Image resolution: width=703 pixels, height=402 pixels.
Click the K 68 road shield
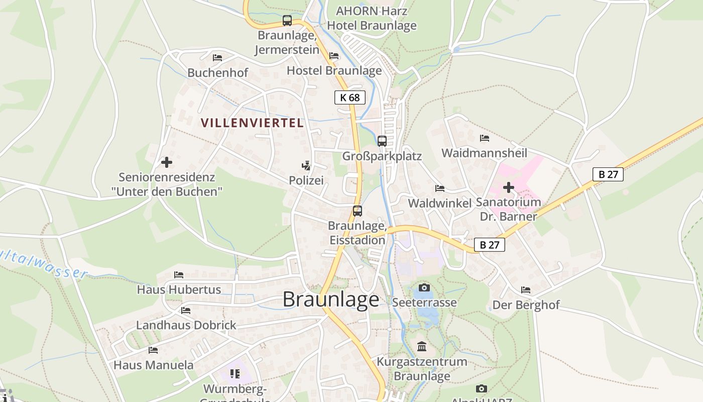(x=349, y=97)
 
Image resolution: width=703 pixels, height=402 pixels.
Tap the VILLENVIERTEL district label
(x=252, y=123)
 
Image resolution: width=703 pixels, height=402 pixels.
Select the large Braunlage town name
(x=331, y=299)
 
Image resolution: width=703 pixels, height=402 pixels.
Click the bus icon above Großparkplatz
(x=382, y=141)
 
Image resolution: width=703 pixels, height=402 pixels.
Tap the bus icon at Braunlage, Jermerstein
(x=287, y=21)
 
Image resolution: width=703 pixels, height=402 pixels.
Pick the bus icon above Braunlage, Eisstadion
(x=357, y=211)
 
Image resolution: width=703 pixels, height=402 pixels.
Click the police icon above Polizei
(x=306, y=165)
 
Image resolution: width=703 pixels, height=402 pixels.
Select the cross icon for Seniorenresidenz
(x=166, y=162)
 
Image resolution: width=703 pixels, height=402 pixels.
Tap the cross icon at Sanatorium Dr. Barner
(x=508, y=187)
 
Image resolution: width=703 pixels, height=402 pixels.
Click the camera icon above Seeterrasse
(x=424, y=288)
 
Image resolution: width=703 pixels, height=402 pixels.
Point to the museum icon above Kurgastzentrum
(x=422, y=347)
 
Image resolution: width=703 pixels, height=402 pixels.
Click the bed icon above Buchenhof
(x=217, y=58)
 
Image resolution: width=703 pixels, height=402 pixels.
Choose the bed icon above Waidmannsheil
(x=484, y=138)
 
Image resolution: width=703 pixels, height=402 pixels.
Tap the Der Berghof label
(x=526, y=305)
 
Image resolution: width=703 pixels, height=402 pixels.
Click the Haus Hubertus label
(x=179, y=290)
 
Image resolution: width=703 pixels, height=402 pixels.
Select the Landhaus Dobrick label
(x=186, y=325)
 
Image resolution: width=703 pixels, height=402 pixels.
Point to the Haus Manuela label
(x=153, y=365)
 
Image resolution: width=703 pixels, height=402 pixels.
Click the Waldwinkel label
(x=439, y=203)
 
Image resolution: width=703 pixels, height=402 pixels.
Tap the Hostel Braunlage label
(x=334, y=70)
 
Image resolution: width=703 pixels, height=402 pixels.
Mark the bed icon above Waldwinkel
(x=439, y=188)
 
